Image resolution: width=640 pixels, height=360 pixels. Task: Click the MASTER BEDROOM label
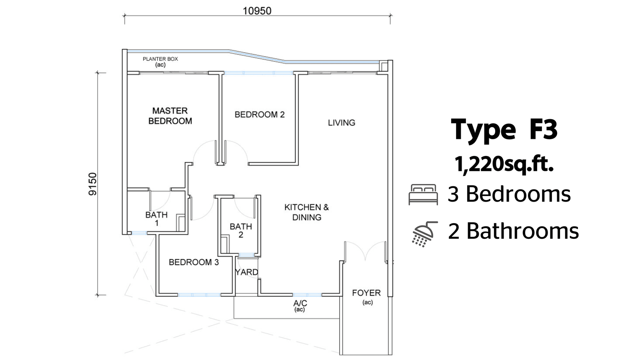170,116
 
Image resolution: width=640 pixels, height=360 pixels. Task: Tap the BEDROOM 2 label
260,114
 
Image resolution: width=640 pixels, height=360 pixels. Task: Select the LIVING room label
342,122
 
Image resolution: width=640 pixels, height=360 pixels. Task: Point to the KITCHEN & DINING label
306,212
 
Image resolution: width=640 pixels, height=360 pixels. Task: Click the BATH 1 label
156,218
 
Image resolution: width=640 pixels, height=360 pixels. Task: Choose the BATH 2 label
241,230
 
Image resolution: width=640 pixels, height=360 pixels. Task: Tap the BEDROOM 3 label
194,262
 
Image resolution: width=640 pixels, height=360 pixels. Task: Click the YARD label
246,272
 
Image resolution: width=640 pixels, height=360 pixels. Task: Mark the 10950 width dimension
257,11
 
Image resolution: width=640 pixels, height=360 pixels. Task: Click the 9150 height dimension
92,184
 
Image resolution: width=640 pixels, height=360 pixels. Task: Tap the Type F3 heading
504,130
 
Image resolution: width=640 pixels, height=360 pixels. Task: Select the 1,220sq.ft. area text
504,164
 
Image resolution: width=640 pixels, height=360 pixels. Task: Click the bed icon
423,194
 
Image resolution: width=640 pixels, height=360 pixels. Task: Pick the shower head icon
424,234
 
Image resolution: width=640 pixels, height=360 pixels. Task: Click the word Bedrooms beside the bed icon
518,194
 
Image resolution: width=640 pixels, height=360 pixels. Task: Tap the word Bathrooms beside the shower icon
522,231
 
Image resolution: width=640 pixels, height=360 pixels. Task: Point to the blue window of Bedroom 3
199,294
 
